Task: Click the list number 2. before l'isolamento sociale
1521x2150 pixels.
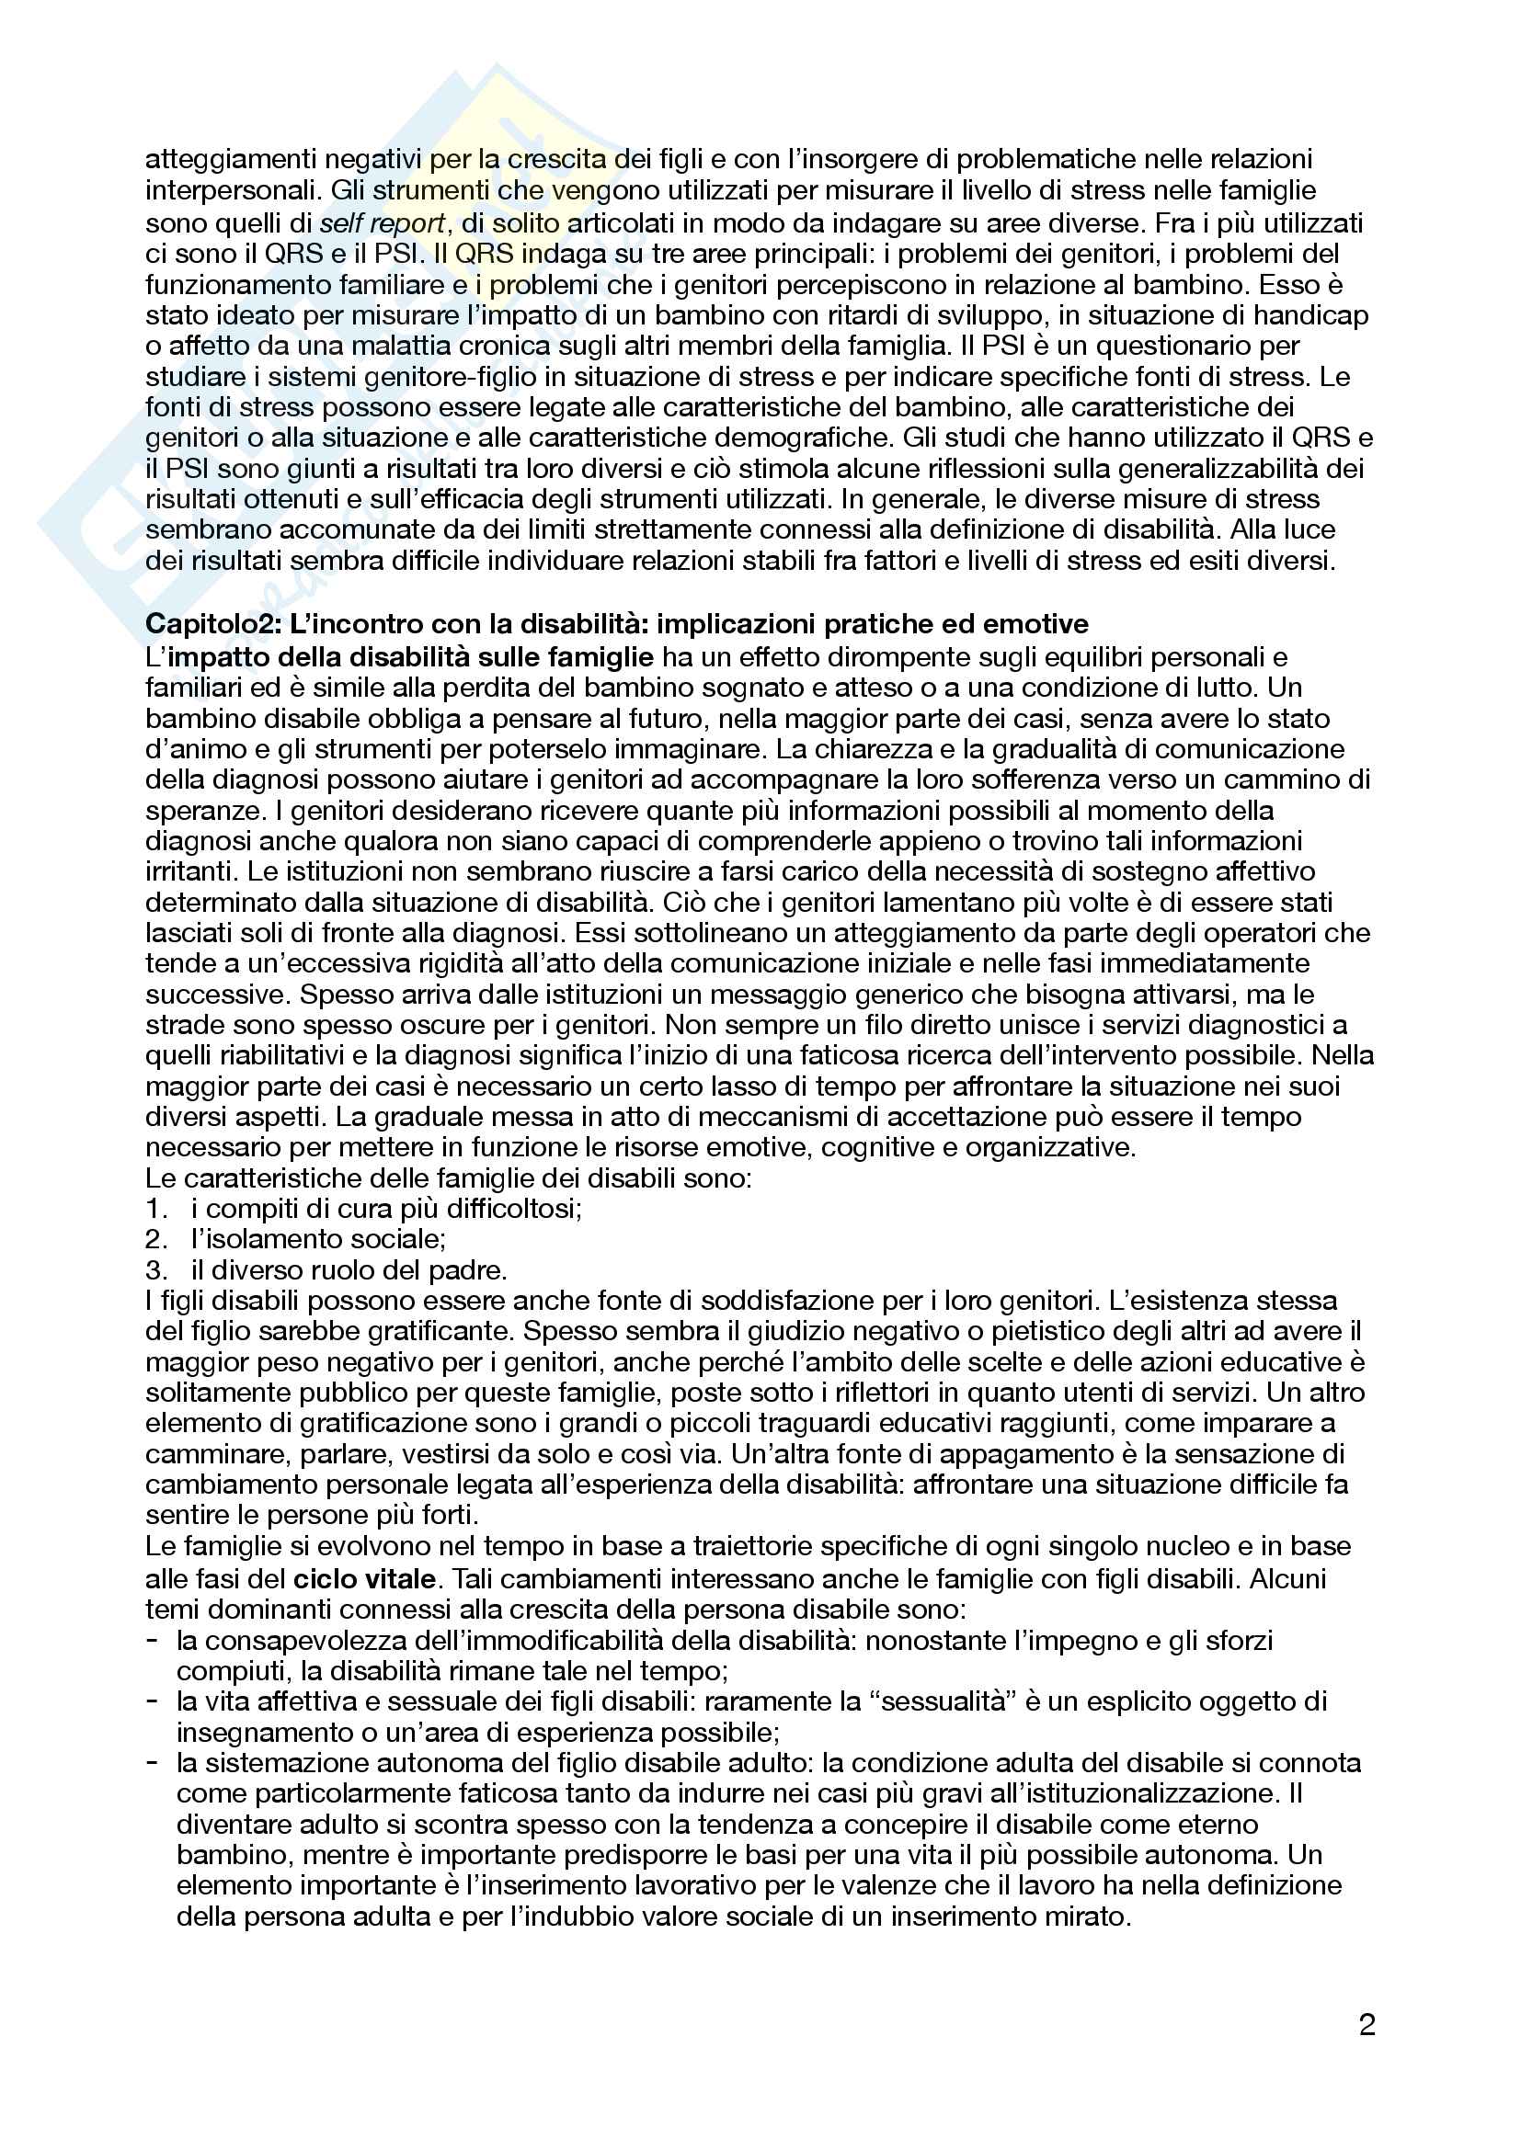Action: pyautogui.click(x=155, y=1240)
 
